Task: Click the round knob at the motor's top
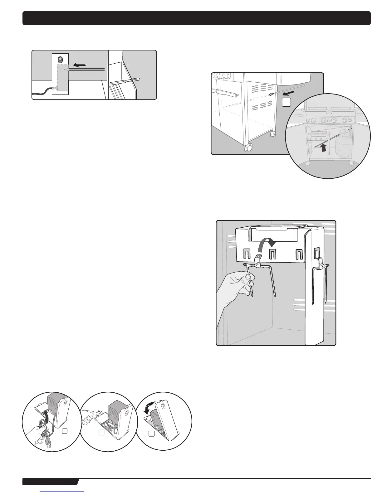[x=61, y=60]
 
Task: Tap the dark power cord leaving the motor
[x=42, y=91]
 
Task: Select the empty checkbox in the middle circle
[x=101, y=433]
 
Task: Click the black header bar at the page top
[x=196, y=18]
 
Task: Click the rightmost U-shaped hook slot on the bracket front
[x=299, y=255]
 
